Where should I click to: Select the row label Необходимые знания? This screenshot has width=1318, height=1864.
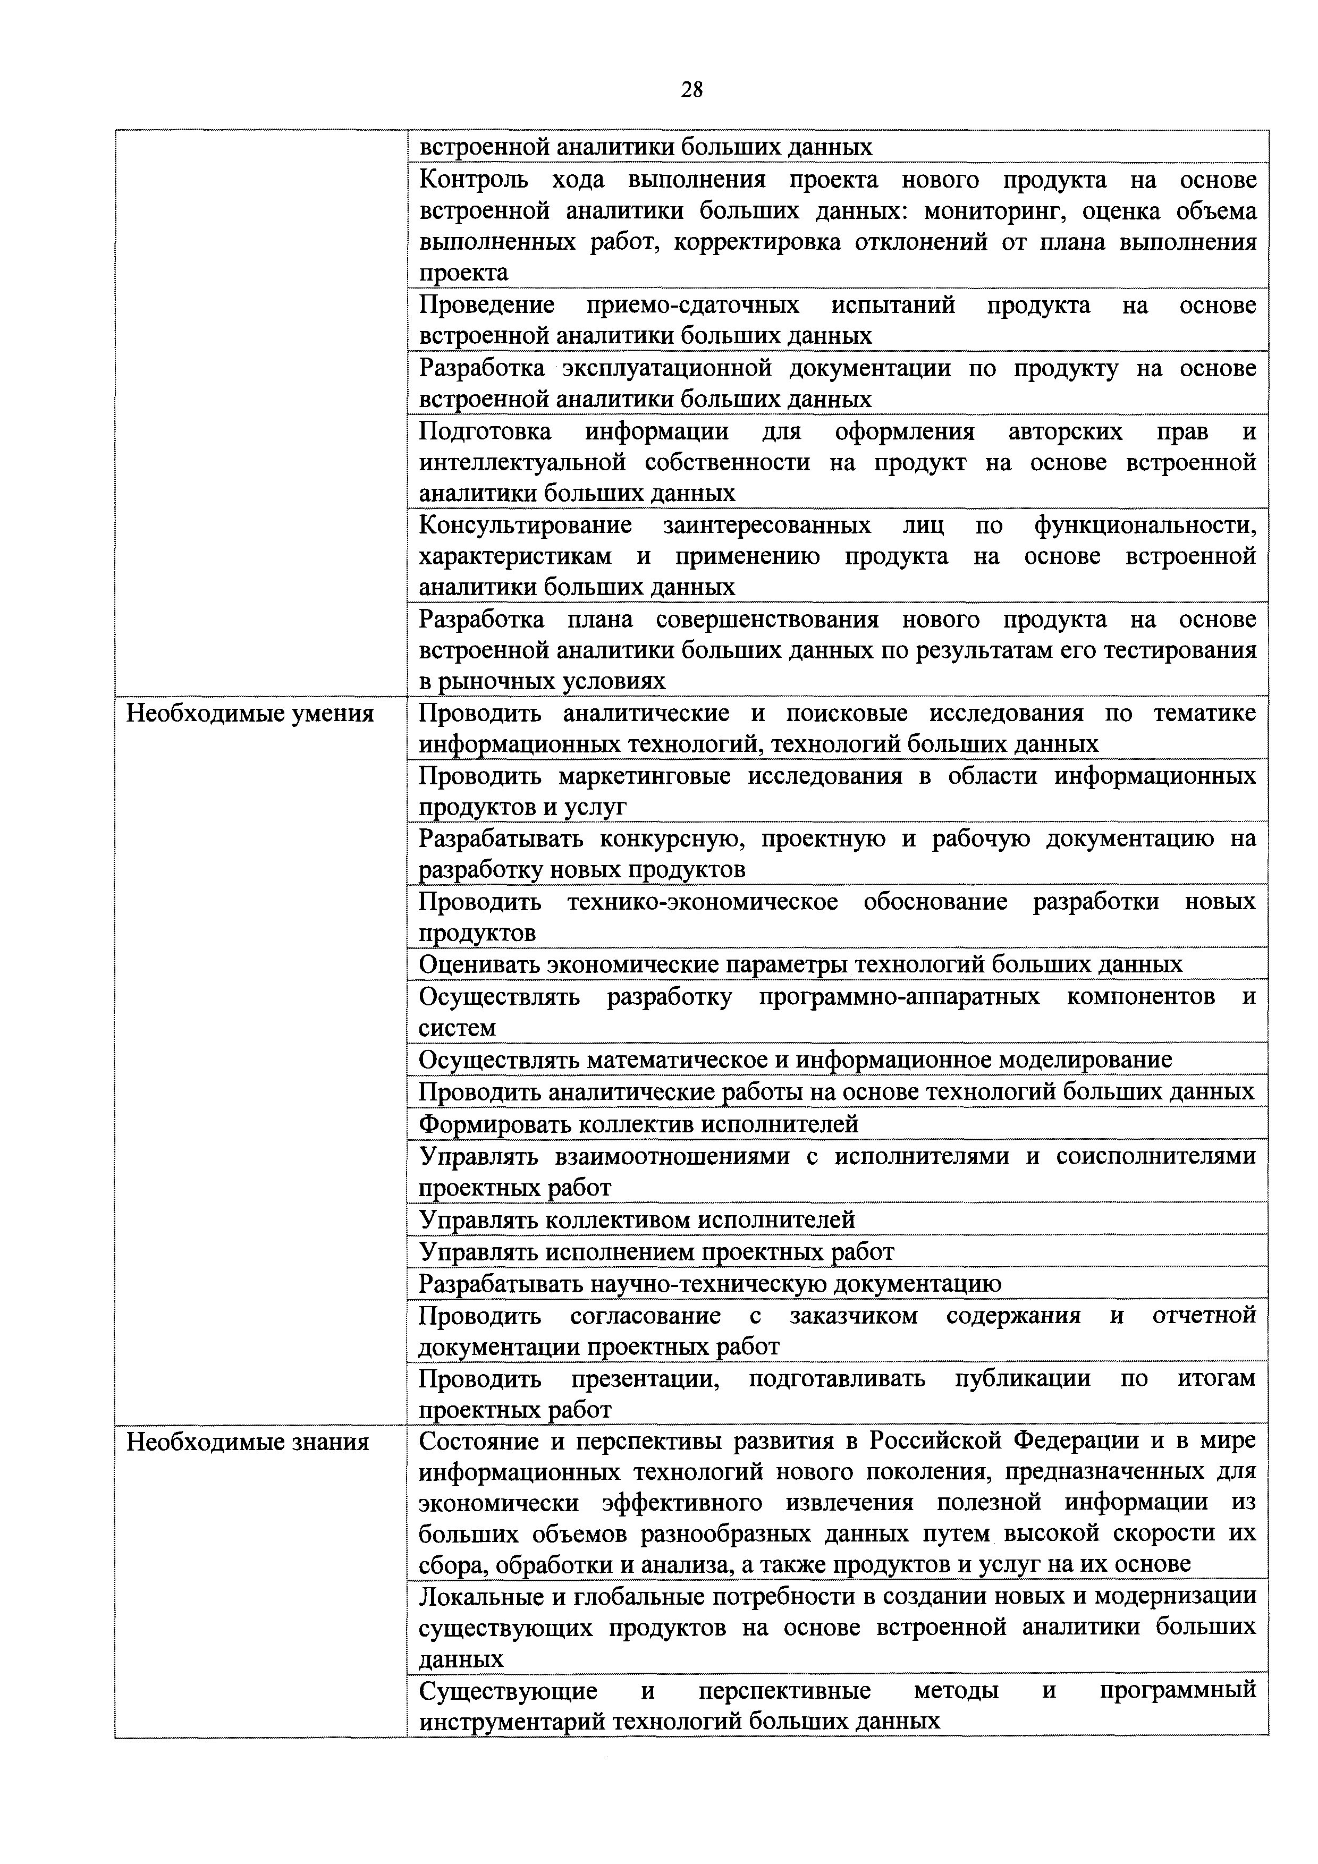(x=248, y=1442)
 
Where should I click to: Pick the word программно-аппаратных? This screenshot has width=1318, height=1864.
(x=899, y=996)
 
